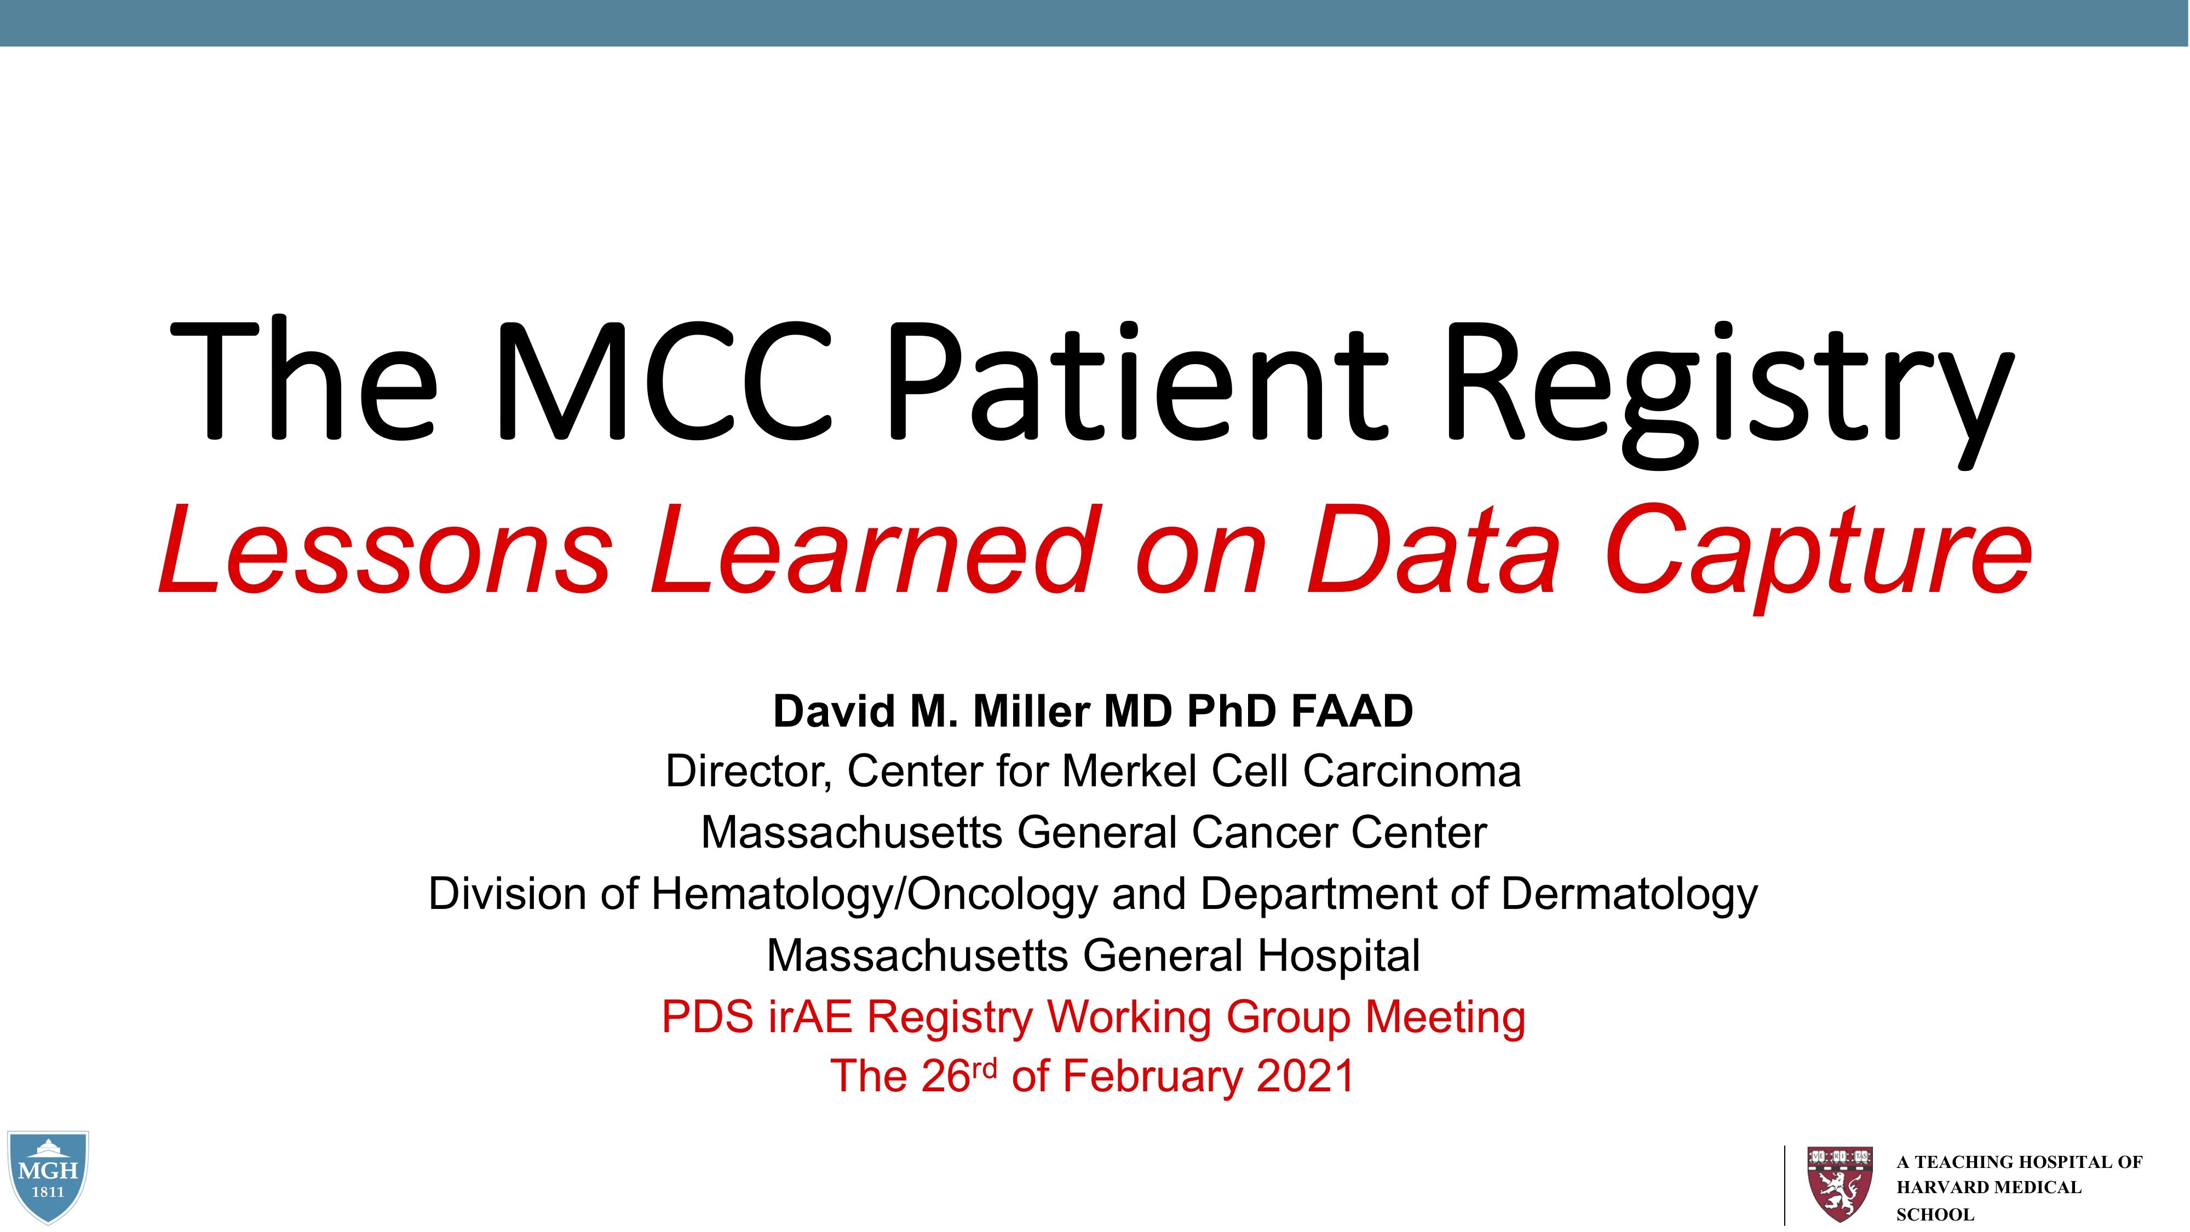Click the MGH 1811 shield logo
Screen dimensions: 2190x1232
click(x=48, y=1177)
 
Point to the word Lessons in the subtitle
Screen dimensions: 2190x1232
click(x=385, y=549)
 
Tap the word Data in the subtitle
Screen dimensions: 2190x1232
click(x=1433, y=549)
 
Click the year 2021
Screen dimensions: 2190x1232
click(x=1306, y=1076)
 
